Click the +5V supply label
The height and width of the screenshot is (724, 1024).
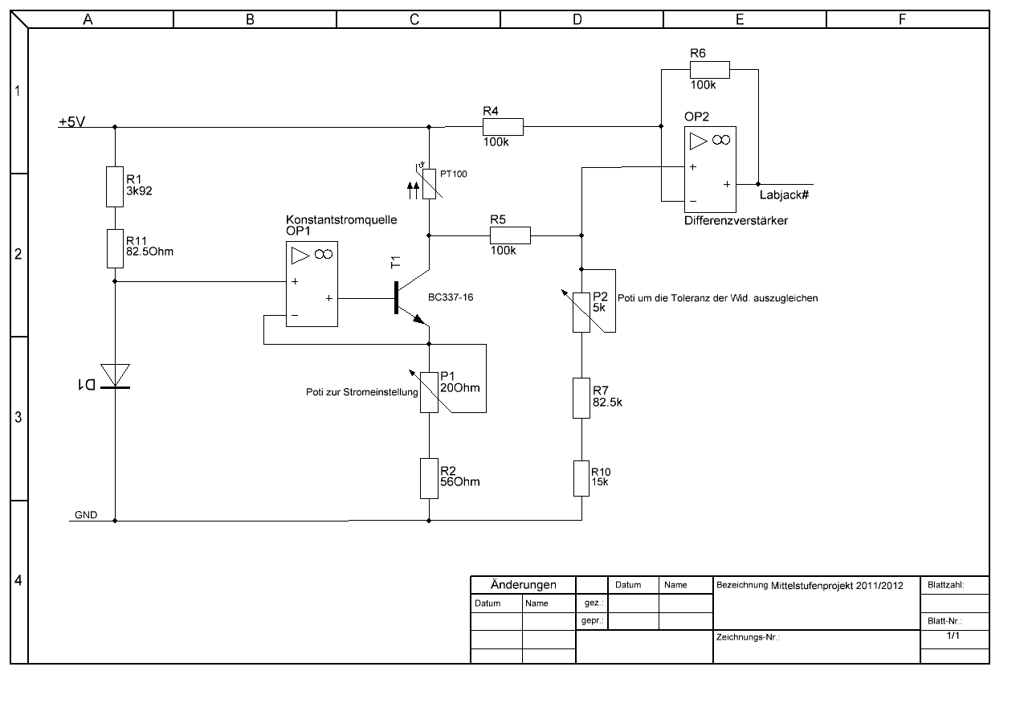(x=72, y=122)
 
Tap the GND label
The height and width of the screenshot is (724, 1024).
(x=86, y=515)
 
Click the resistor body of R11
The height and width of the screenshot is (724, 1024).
(x=115, y=247)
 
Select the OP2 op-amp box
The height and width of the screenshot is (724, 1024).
(x=710, y=167)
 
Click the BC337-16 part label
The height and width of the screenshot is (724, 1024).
(x=451, y=297)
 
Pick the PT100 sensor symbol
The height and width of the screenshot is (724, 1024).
(x=429, y=184)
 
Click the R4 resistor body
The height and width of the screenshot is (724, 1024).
(x=503, y=126)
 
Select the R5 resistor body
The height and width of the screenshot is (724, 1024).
(x=510, y=235)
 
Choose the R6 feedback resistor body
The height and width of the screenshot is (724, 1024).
(x=709, y=70)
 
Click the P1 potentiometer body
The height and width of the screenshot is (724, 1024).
(x=429, y=391)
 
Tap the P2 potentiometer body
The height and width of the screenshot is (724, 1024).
(x=581, y=311)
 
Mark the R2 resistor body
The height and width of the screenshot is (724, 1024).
(x=429, y=478)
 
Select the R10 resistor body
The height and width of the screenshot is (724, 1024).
(x=581, y=478)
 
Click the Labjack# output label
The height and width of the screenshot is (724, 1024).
(x=783, y=194)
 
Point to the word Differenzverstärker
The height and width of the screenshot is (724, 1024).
(x=736, y=220)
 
